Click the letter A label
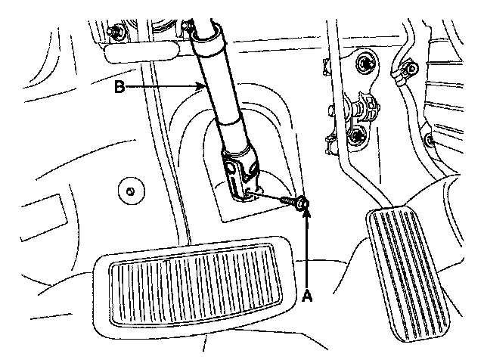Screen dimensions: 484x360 coord(306,296)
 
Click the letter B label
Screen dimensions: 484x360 coord(119,88)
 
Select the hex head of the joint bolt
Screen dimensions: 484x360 coord(301,203)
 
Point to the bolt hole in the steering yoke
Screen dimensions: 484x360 coord(247,195)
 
